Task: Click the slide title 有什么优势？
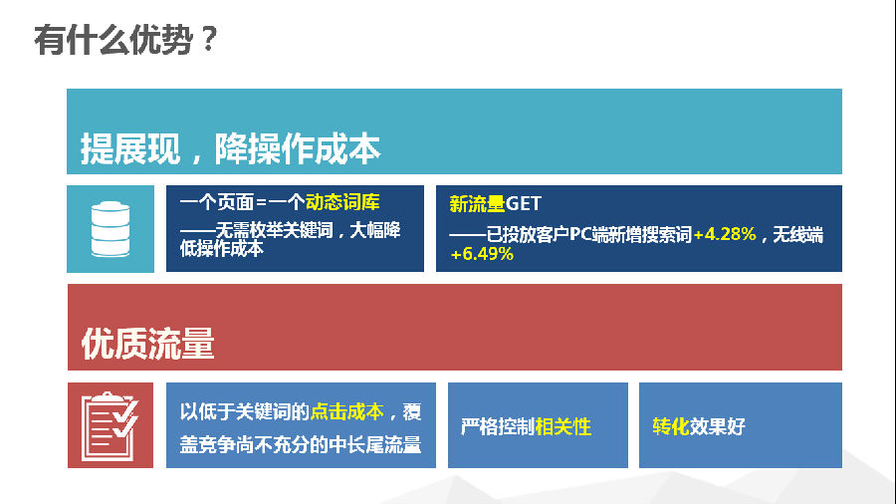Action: click(x=125, y=41)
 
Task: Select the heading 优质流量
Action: click(x=147, y=344)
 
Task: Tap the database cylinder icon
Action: click(x=111, y=228)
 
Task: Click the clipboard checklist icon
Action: click(x=111, y=425)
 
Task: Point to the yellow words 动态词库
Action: click(x=342, y=202)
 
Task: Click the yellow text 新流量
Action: click(x=477, y=204)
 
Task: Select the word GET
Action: click(x=524, y=204)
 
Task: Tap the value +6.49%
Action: click(x=482, y=254)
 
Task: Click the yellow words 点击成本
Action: click(x=346, y=411)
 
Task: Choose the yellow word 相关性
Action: click(x=563, y=426)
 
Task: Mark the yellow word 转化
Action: click(x=670, y=426)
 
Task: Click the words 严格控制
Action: click(x=497, y=426)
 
